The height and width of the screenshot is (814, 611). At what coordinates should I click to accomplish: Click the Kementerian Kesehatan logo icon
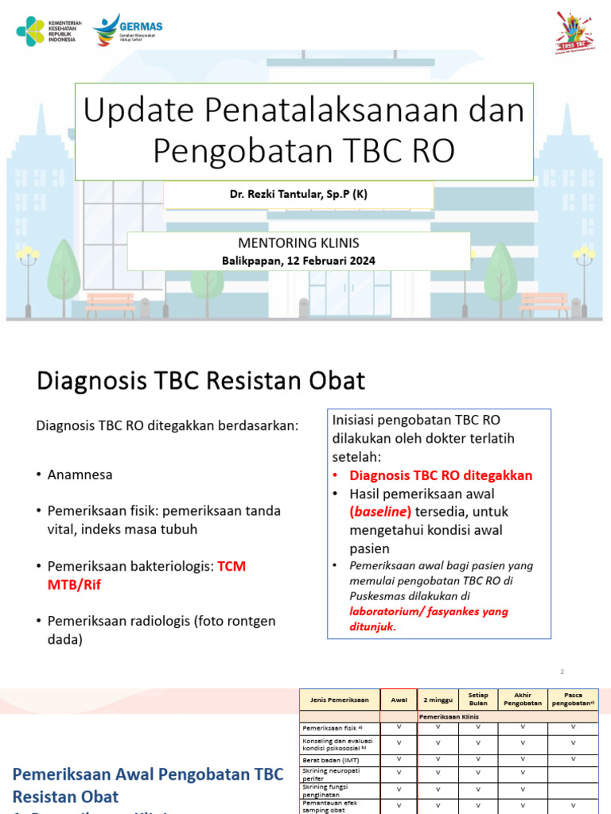31,30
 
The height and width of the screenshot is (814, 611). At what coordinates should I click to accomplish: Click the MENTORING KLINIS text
298,243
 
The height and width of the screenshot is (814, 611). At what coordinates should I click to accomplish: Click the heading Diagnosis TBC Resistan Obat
200,381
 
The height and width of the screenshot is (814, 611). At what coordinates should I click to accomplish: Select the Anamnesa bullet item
80,475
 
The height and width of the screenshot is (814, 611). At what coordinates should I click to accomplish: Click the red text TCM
232,566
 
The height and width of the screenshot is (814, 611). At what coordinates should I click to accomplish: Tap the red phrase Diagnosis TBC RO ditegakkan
441,475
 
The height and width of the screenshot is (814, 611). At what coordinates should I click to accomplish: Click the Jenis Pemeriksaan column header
340,700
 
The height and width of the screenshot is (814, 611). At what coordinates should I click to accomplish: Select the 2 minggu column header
437,700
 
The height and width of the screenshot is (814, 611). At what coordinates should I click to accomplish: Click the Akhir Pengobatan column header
523,700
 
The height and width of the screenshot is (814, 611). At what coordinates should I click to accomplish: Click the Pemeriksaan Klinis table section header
448,716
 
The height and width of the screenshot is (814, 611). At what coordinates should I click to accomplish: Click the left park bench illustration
110,304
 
